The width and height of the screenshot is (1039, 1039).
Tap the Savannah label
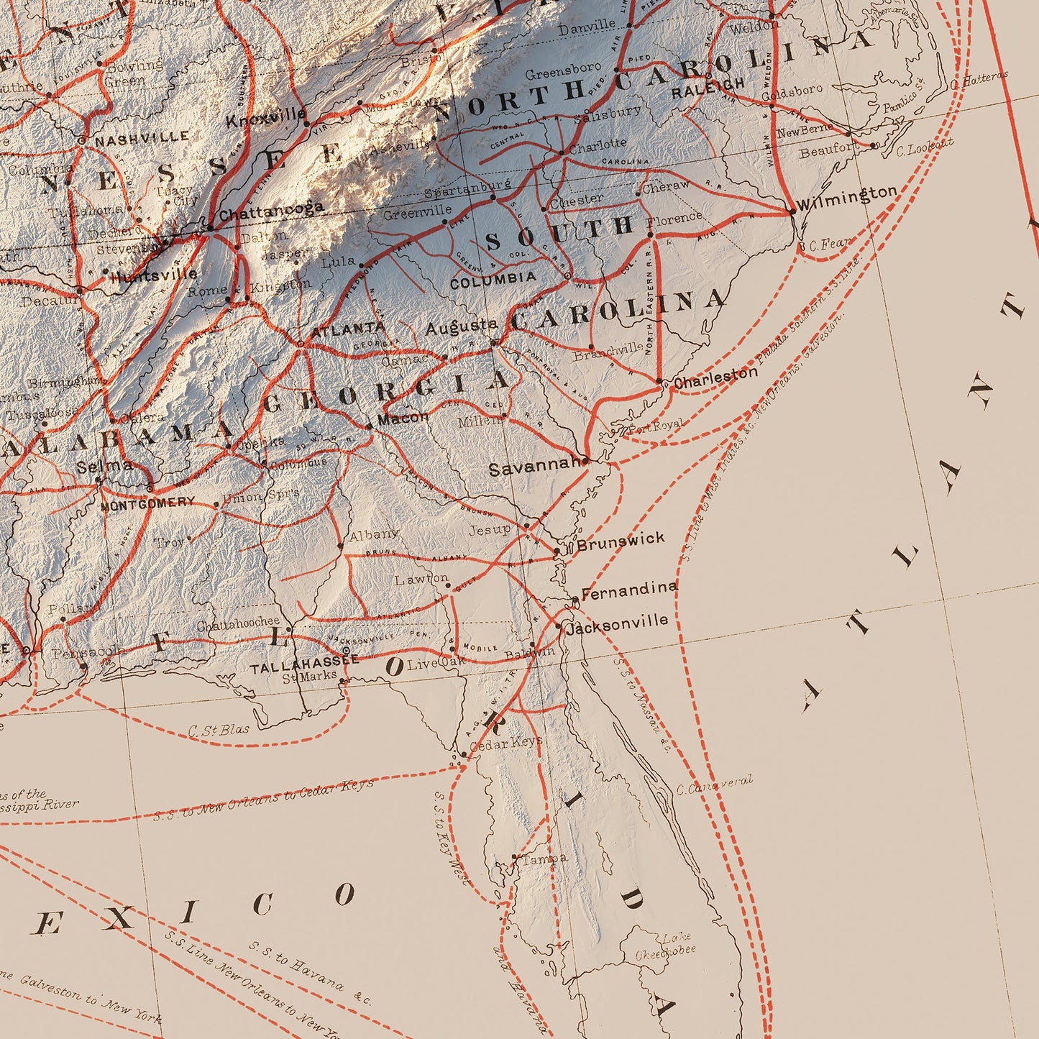click(x=534, y=469)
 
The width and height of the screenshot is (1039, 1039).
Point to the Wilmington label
click(x=847, y=196)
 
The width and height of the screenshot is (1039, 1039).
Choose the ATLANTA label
click(x=348, y=329)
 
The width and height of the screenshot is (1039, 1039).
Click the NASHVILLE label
click(x=142, y=137)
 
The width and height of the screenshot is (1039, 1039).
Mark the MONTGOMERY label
click(x=147, y=503)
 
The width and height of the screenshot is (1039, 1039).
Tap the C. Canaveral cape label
click(x=715, y=785)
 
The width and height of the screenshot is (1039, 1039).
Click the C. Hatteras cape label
click(x=979, y=79)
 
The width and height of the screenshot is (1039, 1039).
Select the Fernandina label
click(x=628, y=591)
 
